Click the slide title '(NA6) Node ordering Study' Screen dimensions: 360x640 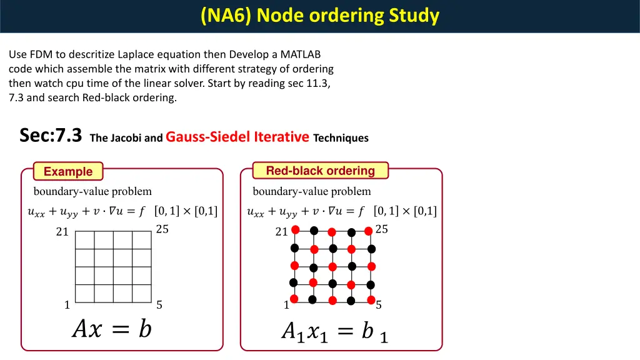point(320,15)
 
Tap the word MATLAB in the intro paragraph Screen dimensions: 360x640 point(298,54)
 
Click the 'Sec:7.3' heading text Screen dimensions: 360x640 point(51,135)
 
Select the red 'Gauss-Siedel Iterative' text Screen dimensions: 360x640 point(237,137)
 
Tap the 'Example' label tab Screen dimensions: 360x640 point(68,171)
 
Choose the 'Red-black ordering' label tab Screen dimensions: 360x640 point(320,171)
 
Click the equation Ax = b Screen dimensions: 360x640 point(112,328)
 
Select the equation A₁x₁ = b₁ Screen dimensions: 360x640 point(334,331)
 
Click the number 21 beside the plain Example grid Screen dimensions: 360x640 point(62,232)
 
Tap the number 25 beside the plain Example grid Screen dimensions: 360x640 point(162,229)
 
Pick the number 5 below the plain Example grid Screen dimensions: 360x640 point(159,305)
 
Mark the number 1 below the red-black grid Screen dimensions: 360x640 point(286,305)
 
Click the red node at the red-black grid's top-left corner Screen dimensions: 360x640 point(295,230)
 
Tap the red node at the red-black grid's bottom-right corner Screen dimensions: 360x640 point(370,301)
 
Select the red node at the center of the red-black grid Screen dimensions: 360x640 point(332,267)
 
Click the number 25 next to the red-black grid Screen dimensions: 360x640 point(381,229)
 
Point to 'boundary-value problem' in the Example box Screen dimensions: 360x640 point(92,191)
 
